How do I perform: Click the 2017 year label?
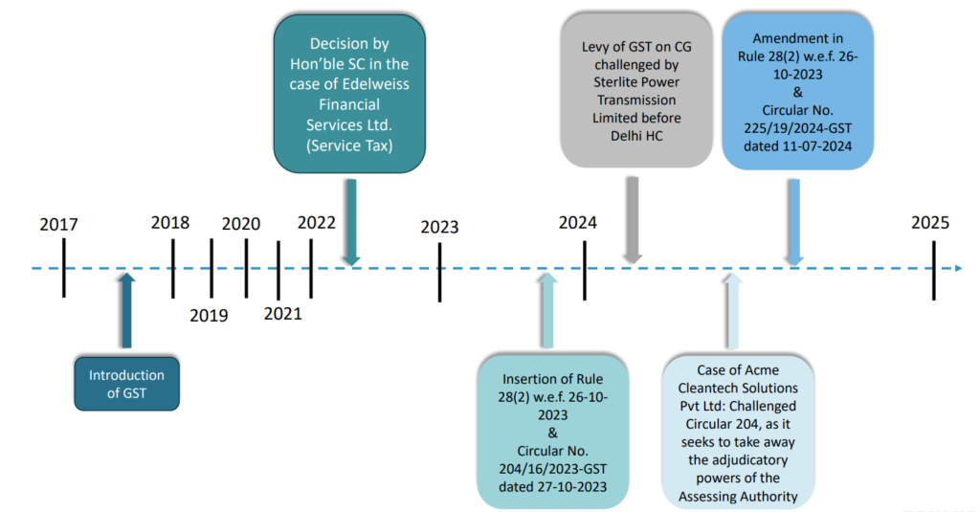point(58,225)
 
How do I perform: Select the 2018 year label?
point(170,223)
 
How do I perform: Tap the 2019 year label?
point(209,315)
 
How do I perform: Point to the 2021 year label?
point(282,313)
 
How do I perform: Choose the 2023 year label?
point(439,228)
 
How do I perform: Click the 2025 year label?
point(930,223)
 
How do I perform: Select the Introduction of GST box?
point(126,384)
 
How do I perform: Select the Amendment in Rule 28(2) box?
point(790,91)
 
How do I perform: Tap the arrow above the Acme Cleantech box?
point(731,311)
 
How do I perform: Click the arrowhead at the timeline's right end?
point(957,269)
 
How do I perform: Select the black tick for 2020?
point(246,268)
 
